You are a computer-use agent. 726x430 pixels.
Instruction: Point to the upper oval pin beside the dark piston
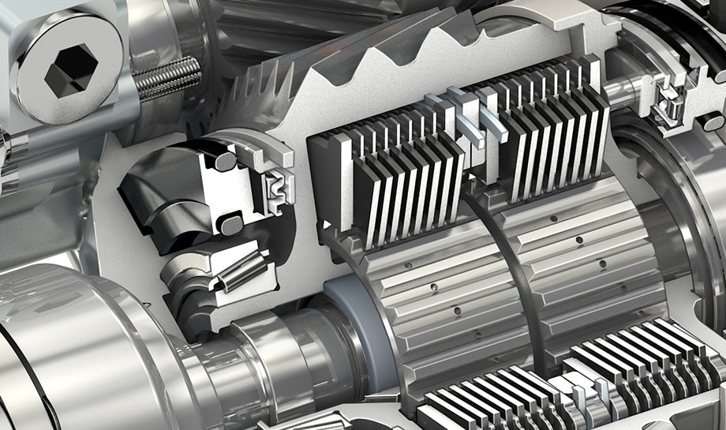pos(223,162)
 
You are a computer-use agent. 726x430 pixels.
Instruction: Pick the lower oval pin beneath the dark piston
pos(230,225)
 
